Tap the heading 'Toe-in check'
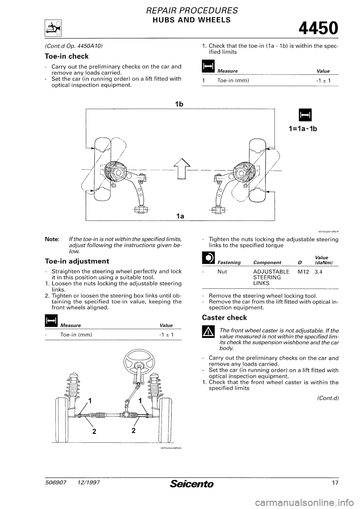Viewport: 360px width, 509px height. click(x=67, y=56)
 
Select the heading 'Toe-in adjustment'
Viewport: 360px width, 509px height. click(x=77, y=260)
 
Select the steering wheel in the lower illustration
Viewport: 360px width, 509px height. click(x=133, y=361)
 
